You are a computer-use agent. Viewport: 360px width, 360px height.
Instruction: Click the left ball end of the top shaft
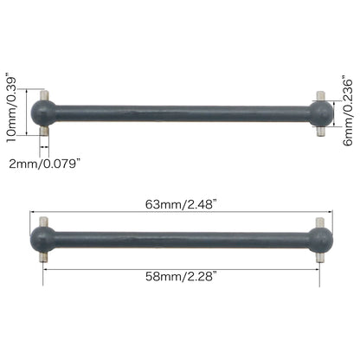(44, 112)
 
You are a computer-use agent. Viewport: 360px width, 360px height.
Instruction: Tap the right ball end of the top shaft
(319, 112)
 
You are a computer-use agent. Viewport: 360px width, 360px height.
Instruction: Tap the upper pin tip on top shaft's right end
(319, 94)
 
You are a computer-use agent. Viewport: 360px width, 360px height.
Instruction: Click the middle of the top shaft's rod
(182, 112)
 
